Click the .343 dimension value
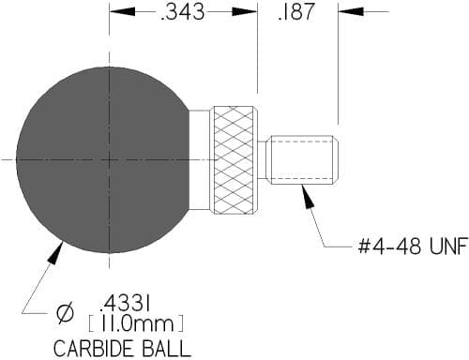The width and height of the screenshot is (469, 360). coord(182,12)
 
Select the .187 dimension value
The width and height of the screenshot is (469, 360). coord(295,12)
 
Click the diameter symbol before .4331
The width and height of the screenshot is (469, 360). coord(66,312)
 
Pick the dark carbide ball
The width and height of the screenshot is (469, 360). coord(103,159)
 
